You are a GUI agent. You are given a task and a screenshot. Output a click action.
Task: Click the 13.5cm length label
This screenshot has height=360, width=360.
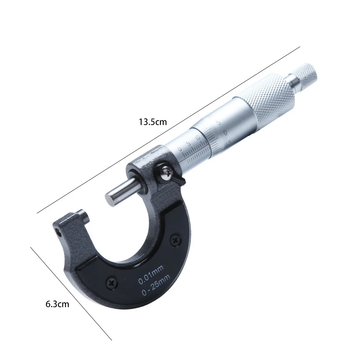(x=153, y=122)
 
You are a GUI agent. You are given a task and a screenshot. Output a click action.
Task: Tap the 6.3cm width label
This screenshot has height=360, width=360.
(x=57, y=304)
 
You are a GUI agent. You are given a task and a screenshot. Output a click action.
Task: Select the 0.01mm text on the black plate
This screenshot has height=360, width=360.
(x=151, y=273)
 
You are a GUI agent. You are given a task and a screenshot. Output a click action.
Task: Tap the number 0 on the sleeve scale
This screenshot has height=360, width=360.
(x=180, y=149)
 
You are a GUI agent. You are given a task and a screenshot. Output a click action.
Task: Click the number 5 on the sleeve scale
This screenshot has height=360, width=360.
(x=188, y=143)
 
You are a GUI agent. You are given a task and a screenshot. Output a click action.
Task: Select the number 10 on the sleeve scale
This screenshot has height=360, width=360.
(x=198, y=138)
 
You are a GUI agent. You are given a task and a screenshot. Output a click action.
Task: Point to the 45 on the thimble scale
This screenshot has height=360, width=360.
(x=228, y=143)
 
